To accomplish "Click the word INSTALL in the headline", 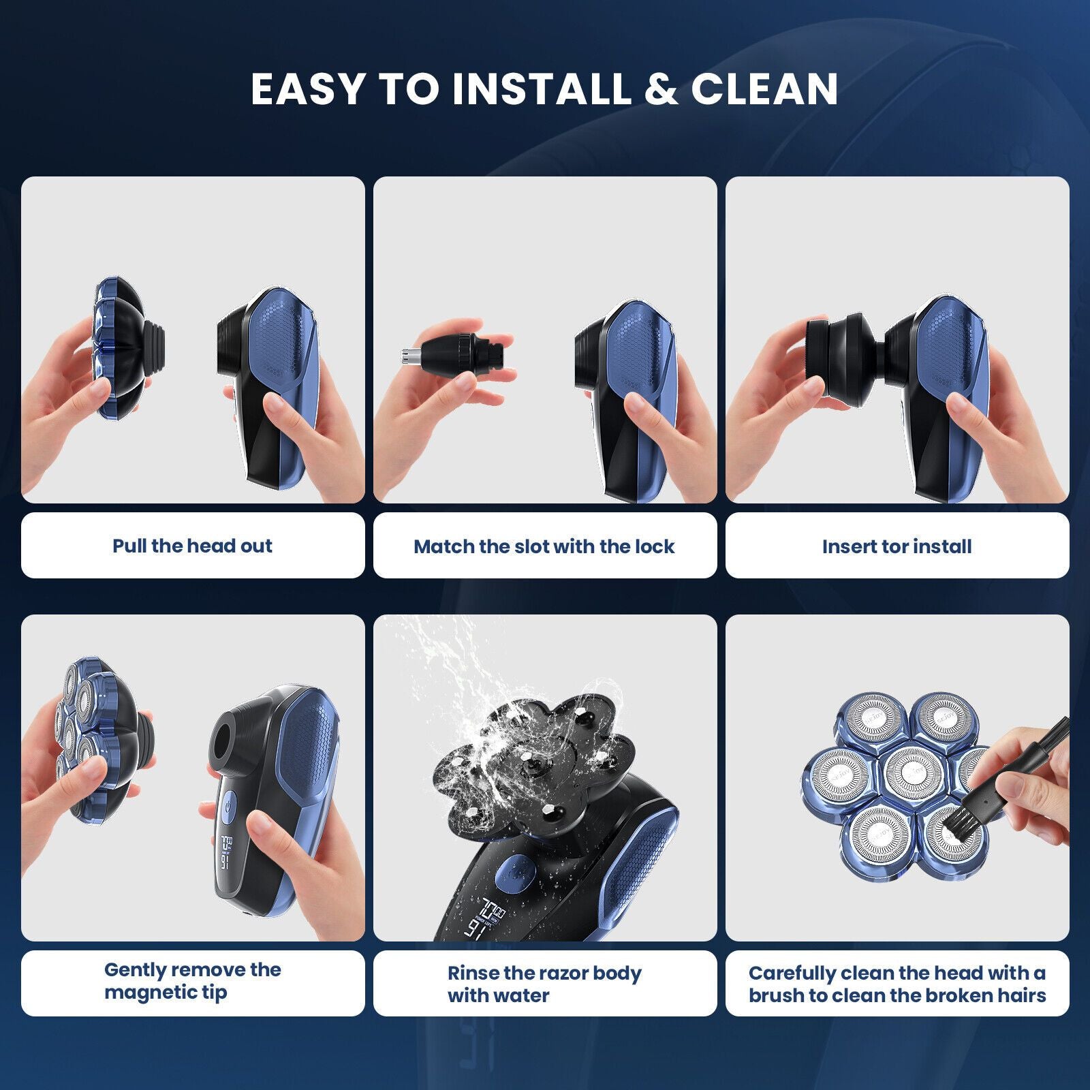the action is [542, 89].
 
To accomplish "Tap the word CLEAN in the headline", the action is [764, 89].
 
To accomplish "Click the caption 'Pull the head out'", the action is [192, 546].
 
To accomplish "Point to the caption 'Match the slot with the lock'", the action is [544, 546].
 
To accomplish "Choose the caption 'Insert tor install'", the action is [897, 546].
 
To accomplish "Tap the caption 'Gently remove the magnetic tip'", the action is [192, 981].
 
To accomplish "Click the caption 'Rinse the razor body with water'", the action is [544, 984].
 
